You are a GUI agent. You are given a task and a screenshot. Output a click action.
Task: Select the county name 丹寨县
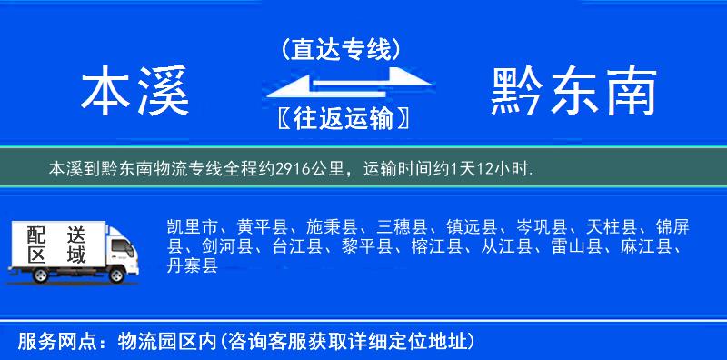pos(193,265)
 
